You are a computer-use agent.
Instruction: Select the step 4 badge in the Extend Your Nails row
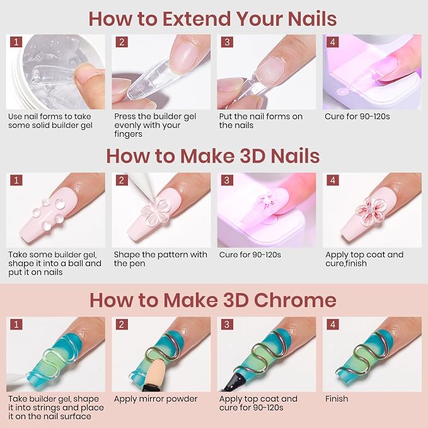[x=332, y=42]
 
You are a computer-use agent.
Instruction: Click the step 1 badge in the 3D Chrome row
[x=16, y=325]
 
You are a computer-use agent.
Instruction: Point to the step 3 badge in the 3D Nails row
[x=227, y=180]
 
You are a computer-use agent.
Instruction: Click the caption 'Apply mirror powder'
[x=156, y=399]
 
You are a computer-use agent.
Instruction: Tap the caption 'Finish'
[x=337, y=399]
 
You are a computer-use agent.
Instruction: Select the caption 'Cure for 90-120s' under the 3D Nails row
[x=250, y=255]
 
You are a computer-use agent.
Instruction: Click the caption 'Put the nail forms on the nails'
[x=261, y=121]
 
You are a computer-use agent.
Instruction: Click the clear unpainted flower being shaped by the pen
[x=156, y=212]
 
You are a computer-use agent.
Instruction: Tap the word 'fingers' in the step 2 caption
[x=129, y=134]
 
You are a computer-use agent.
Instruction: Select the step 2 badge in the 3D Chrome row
[x=122, y=325]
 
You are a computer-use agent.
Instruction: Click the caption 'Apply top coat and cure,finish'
[x=364, y=259]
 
